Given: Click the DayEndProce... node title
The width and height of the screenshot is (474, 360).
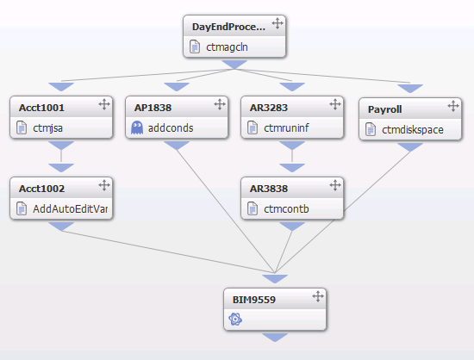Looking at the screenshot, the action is click(x=228, y=27).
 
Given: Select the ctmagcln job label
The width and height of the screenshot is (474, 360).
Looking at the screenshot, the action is click(x=227, y=47).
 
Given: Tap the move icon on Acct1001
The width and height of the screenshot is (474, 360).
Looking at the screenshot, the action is click(x=104, y=104).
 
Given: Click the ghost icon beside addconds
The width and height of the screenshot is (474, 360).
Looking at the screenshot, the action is click(x=137, y=127).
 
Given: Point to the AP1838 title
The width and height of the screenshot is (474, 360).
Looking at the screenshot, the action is click(x=153, y=108).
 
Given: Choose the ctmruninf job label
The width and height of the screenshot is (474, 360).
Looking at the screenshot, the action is click(x=286, y=128).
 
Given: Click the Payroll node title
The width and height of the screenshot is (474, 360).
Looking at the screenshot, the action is click(x=385, y=109).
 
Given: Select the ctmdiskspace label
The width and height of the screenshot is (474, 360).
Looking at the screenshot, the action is click(x=413, y=130).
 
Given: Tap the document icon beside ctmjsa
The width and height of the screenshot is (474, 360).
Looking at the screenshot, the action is click(x=22, y=127).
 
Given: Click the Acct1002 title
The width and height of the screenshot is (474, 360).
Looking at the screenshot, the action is click(x=41, y=189).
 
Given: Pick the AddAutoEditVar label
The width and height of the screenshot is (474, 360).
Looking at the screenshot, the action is click(x=70, y=209).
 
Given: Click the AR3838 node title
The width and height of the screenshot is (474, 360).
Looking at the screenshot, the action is click(x=269, y=189).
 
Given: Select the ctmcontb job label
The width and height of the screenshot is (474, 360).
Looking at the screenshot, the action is click(x=286, y=209).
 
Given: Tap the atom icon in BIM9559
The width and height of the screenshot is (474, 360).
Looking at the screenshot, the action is click(x=235, y=320).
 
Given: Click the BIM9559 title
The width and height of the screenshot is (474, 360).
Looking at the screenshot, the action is click(x=254, y=300).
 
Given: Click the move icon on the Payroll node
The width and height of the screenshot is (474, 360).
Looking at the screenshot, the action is click(x=453, y=106).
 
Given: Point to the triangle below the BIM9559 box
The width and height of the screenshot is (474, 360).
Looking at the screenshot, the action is click(x=275, y=338).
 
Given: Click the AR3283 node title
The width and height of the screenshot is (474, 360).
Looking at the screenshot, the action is click(x=269, y=108).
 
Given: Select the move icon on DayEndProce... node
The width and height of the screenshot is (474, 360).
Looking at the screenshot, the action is click(x=278, y=23).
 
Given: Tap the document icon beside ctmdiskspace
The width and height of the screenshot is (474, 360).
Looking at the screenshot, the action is click(x=371, y=129).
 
